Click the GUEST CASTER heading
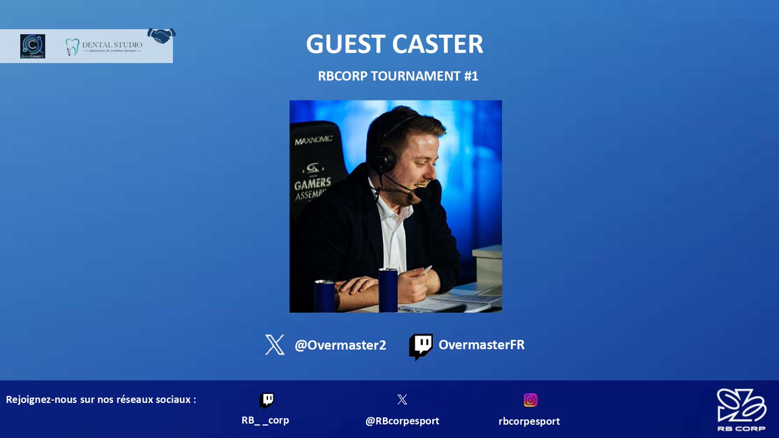point(394,45)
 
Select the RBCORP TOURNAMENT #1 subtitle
point(398,76)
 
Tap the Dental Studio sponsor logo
point(103,47)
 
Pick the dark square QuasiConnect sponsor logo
point(32,46)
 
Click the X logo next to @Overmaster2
point(275,345)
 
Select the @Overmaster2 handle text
point(340,345)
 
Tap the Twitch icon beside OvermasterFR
point(421,347)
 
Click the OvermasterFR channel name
point(481,345)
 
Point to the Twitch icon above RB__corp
point(266,400)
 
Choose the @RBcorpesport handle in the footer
point(402,420)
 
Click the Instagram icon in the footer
point(530,400)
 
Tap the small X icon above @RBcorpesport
point(402,400)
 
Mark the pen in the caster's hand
point(426,269)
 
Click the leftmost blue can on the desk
point(323,296)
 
